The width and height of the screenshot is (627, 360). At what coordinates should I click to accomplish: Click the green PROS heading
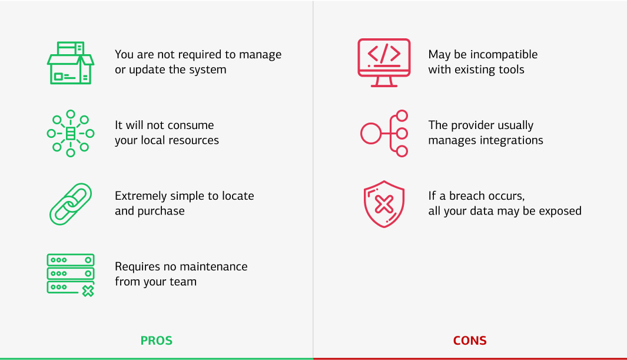(156, 341)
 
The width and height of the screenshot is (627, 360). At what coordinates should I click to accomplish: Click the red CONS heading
(470, 341)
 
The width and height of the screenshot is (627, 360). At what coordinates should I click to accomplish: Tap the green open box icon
(70, 62)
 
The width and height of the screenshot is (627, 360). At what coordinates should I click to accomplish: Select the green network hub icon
(70, 133)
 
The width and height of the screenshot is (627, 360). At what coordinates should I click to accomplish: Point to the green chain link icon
(70, 204)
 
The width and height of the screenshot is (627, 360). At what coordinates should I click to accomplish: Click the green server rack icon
(70, 274)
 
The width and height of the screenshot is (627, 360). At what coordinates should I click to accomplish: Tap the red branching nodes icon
(384, 133)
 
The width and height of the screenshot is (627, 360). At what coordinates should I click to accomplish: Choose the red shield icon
(384, 204)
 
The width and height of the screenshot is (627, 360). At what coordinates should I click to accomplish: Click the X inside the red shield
(384, 204)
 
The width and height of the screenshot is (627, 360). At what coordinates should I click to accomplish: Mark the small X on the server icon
(88, 290)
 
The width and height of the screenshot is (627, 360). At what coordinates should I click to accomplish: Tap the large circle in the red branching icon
(371, 133)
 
